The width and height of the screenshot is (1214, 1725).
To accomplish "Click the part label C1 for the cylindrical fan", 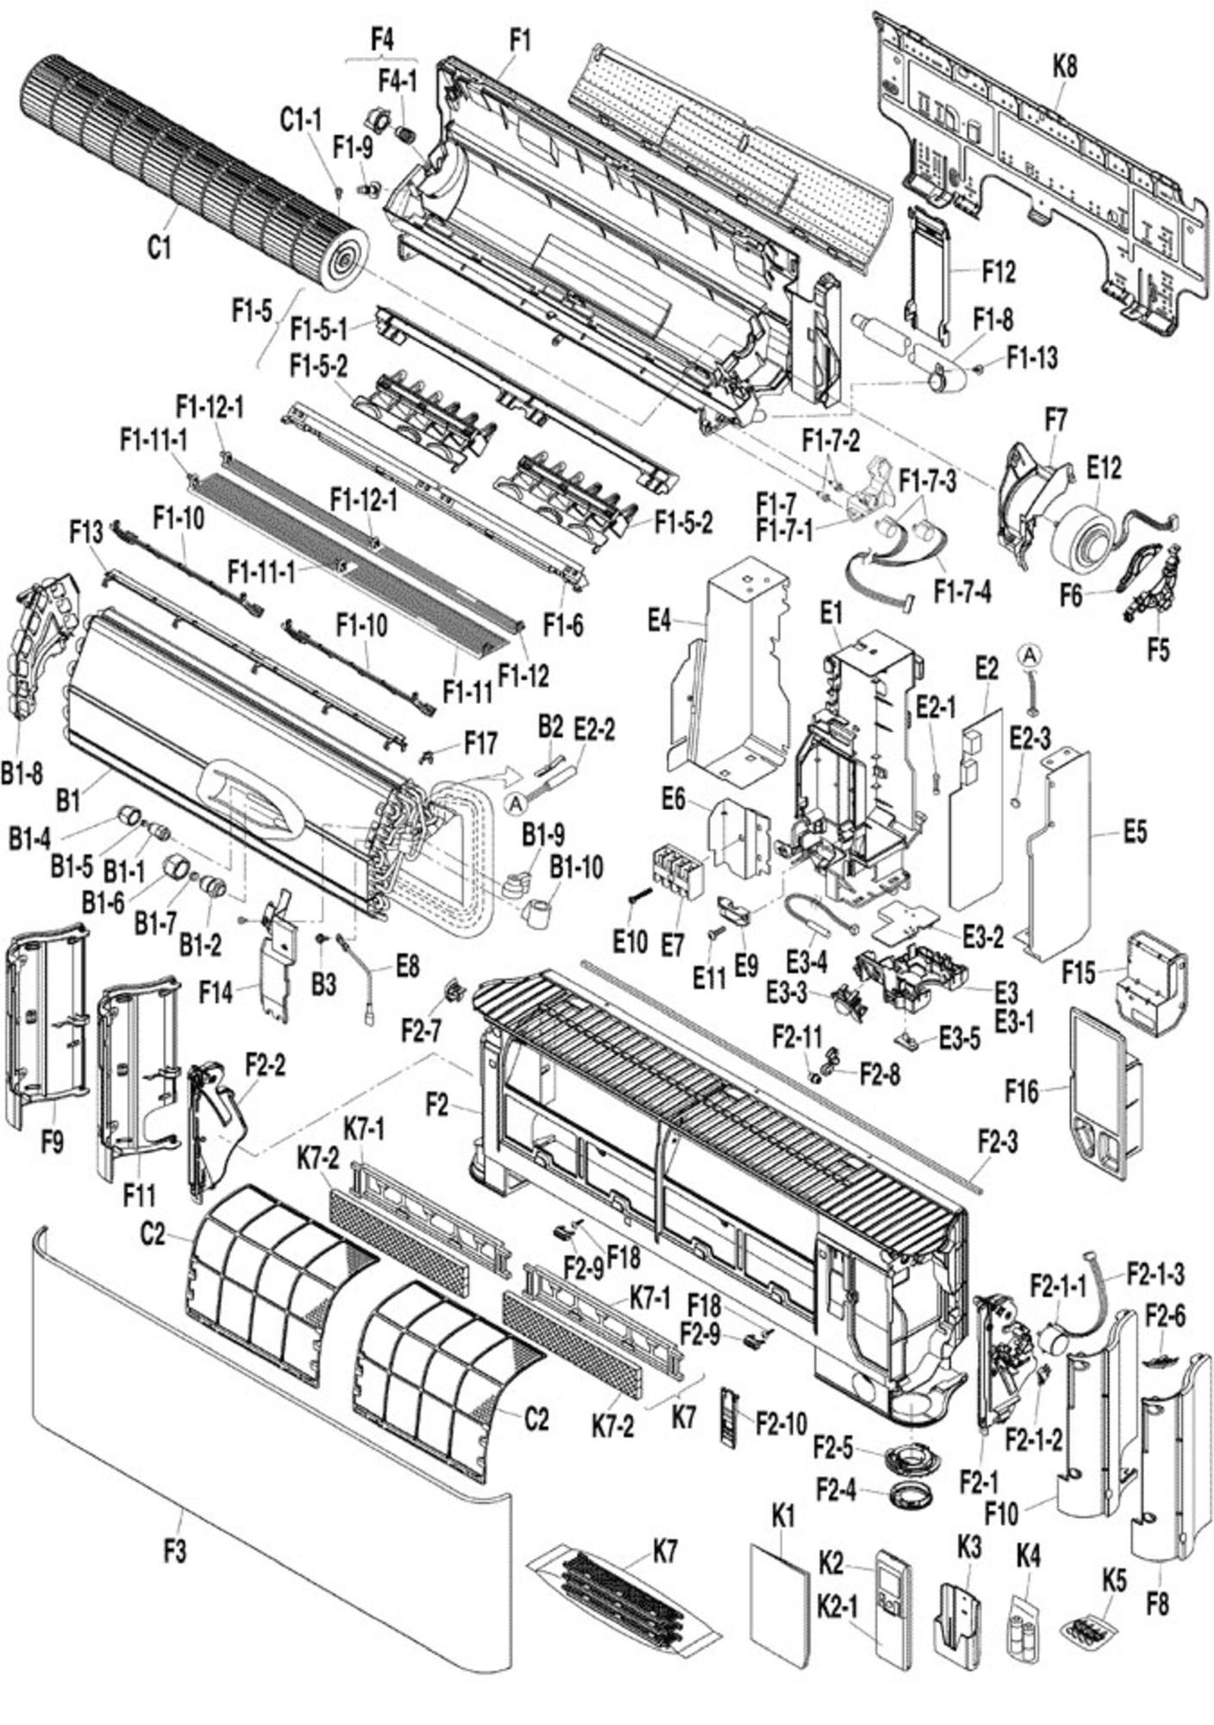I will coord(160,248).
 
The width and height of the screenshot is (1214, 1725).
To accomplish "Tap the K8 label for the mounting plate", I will coord(1064,67).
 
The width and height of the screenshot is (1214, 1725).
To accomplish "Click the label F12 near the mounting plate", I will coord(998,272).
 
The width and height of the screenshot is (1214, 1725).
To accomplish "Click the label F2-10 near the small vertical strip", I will coord(781,1423).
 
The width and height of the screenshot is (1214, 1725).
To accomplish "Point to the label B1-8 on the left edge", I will coord(21,774).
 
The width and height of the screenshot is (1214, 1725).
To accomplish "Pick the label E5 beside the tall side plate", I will coord(1136,832).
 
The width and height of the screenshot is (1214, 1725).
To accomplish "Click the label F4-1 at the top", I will coord(397,81).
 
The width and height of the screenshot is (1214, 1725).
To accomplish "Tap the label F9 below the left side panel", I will coord(52,1144).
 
